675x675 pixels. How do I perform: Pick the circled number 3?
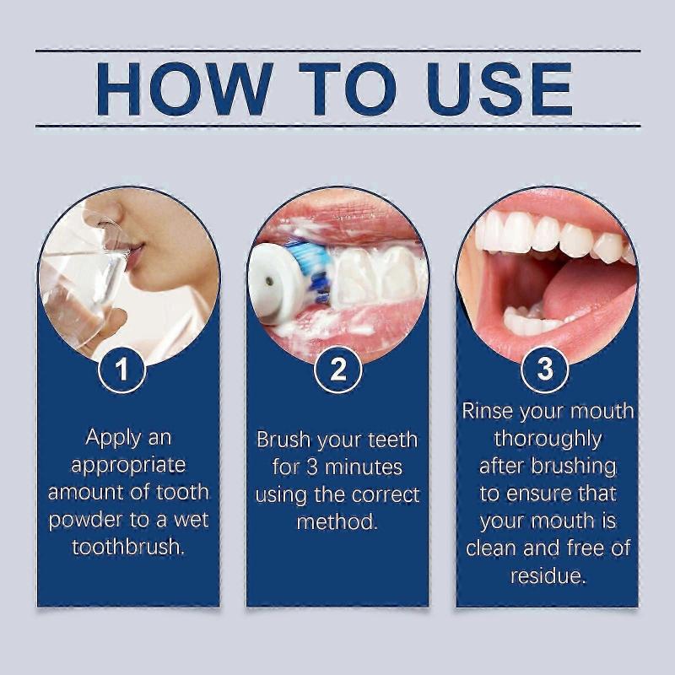(x=545, y=369)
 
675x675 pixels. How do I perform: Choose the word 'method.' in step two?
(x=337, y=521)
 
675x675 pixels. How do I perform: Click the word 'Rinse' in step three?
(x=489, y=412)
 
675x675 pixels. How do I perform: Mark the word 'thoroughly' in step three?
(x=548, y=439)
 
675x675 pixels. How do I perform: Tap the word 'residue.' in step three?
(x=548, y=576)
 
